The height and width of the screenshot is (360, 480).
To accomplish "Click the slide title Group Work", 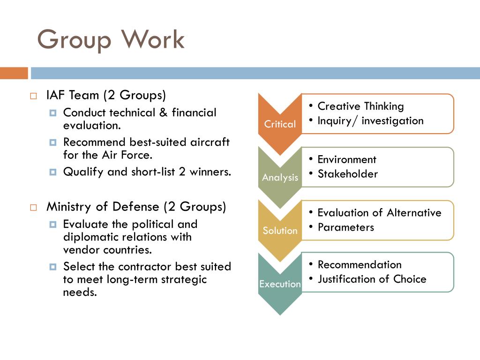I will pos(111,39).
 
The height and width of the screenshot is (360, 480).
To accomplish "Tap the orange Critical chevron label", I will pos(280,124).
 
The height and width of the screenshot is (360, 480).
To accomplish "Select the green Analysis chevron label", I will pos(280,178).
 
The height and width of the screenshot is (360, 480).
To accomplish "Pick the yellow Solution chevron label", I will pos(280,231).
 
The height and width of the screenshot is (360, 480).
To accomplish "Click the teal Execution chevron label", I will pos(280,284).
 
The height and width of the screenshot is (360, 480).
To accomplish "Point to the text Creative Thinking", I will pos(360,106).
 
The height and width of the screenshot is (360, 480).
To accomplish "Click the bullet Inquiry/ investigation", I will pos(370,121).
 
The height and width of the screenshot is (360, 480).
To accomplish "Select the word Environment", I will pos(347,159).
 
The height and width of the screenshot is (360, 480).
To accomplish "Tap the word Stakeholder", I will pos(347,174).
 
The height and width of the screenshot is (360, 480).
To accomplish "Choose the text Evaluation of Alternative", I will pos(379,213).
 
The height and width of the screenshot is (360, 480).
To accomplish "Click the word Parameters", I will pos(345,227).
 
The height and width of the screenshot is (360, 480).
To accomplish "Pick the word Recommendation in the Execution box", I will pos(360,264).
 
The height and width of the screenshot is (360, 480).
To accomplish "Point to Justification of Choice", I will pos(372,279).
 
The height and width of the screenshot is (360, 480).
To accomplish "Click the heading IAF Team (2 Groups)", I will pos(106,95).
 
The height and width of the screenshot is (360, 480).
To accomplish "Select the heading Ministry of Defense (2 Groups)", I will pos(136,207).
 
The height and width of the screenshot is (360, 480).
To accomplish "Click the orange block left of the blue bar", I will pos(14,73).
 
